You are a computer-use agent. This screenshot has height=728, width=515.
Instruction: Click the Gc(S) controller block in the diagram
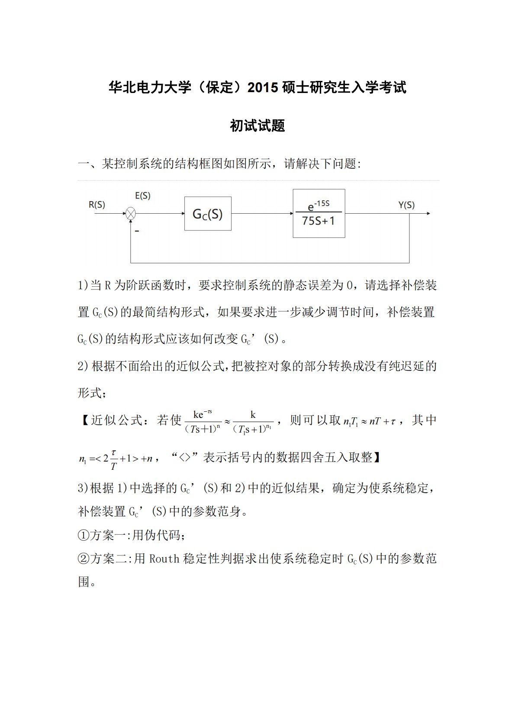point(208,214)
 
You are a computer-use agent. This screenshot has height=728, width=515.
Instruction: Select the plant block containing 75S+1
point(319,214)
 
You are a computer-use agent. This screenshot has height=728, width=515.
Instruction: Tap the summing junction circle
point(131,213)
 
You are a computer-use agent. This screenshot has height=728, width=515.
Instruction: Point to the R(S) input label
point(97,205)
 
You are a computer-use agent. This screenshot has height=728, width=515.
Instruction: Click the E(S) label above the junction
point(143,196)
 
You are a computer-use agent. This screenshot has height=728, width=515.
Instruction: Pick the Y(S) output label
point(406,205)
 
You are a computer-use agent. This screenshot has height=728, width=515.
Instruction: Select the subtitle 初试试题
point(257,126)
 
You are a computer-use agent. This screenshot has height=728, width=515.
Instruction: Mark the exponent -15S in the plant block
point(322,203)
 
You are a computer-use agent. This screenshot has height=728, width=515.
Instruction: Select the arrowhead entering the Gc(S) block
point(183,214)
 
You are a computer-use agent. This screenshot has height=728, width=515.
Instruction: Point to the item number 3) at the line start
point(83,488)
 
